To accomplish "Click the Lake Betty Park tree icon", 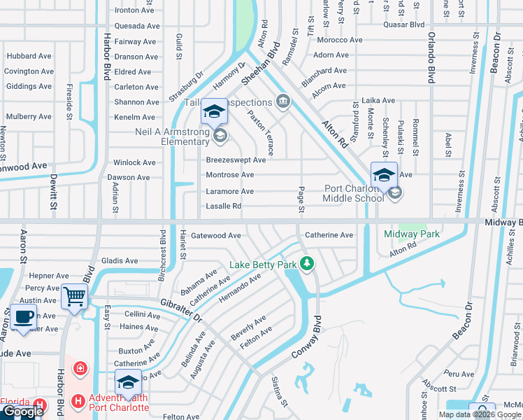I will coord(306,264).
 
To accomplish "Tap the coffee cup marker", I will coord(24,315).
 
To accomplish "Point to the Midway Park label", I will coord(412,234).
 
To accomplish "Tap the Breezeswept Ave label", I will coord(236,160).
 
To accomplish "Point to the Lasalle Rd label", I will coord(224,206).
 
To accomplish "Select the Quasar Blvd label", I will coord(404,24).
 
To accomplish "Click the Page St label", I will coord(301,199).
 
